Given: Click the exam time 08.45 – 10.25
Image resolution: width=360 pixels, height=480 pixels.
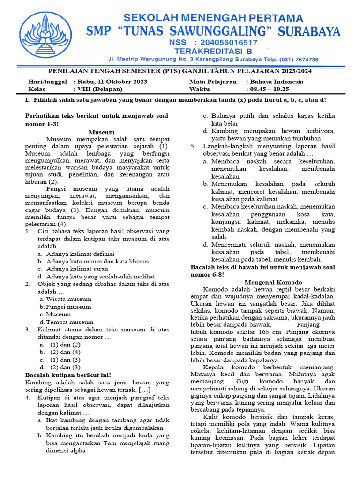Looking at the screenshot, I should click(270, 89).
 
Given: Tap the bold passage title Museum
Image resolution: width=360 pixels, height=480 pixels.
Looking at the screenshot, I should click(101, 132).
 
